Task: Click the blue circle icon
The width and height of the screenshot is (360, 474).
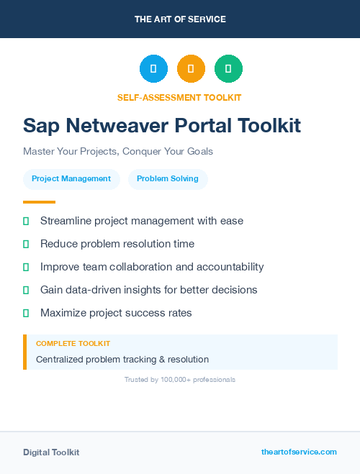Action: coord(153,69)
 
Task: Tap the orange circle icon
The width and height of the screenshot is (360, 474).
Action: coord(191,69)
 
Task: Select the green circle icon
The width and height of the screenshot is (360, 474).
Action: coord(228,69)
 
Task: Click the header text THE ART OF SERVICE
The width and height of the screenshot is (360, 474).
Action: coord(180,19)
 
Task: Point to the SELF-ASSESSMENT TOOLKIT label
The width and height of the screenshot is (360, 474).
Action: coord(179,97)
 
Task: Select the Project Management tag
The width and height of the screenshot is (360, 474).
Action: coord(71,179)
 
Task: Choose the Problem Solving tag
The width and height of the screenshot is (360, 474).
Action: coord(168,179)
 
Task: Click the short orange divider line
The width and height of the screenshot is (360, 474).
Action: coord(39,202)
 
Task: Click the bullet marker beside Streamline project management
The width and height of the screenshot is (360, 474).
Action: coord(26,221)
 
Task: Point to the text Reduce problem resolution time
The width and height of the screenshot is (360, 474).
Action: coord(117,244)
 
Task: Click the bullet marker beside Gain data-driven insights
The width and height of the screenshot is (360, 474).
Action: coord(26,290)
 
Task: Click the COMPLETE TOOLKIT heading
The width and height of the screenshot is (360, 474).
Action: coord(73,344)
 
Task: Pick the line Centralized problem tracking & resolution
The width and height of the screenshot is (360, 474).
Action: coord(122,359)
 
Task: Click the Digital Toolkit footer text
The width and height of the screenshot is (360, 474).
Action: coord(51,452)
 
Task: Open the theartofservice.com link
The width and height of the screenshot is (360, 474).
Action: coord(299,452)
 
